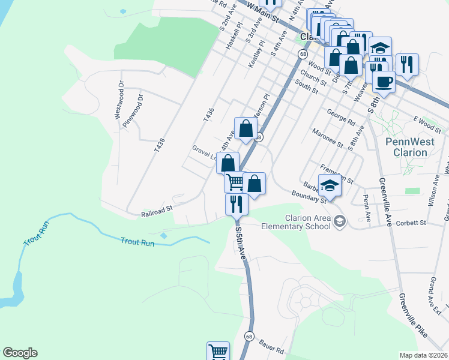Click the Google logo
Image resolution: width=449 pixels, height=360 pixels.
(x=20, y=353)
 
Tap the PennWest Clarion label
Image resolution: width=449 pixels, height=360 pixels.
(x=406, y=147)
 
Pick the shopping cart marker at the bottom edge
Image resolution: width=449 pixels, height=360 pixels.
(x=218, y=352)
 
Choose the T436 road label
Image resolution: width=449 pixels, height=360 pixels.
(x=208, y=115)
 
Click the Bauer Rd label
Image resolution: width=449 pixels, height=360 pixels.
(x=271, y=346)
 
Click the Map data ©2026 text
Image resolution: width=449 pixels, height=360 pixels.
(x=424, y=355)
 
